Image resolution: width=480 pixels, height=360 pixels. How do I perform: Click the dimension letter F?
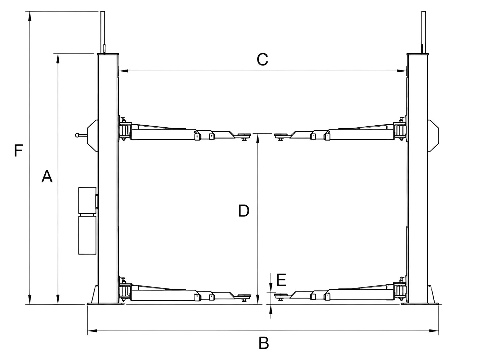pyautogui.click(x=19, y=150)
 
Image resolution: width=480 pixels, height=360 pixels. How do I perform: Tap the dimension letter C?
pyautogui.click(x=262, y=59)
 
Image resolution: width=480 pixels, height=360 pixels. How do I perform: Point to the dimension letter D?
pyautogui.click(x=244, y=211)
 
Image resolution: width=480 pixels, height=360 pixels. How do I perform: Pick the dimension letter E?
pyautogui.click(x=281, y=280)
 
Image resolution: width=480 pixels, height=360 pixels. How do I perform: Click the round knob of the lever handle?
pyautogui.click(x=77, y=135)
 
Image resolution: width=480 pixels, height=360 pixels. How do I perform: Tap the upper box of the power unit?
pyautogui.click(x=87, y=200)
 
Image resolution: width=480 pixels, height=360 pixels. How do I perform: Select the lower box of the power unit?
pyautogui.click(x=87, y=235)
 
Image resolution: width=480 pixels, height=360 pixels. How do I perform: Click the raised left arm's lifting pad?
pyautogui.click(x=244, y=135)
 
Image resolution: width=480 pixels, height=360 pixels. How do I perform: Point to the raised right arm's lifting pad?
pyautogui.click(x=281, y=135)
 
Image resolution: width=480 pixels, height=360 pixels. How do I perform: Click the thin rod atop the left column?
pyautogui.click(x=103, y=32)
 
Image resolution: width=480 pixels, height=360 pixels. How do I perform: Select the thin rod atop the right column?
pyautogui.click(x=424, y=32)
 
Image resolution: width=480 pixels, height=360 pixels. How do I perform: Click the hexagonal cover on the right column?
pyautogui.click(x=433, y=136)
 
